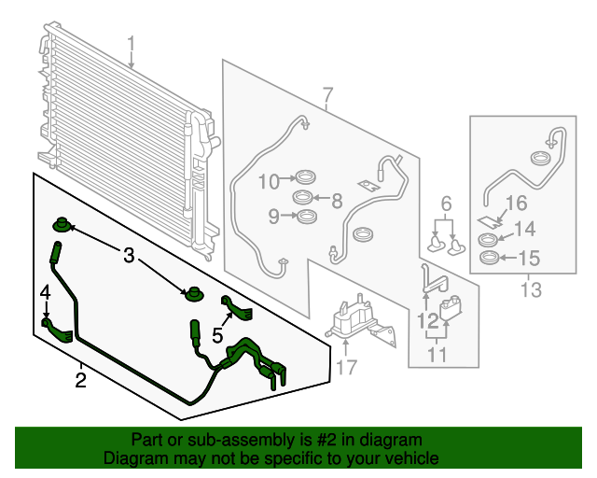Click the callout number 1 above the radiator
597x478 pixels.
coord(131,45)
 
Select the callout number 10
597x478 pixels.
coord(270,181)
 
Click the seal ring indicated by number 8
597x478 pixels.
coord(303,197)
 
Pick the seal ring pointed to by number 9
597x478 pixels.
coord(307,217)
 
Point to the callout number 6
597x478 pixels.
coord(446,204)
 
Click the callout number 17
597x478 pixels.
coord(346,368)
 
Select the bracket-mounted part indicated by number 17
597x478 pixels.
coord(360,321)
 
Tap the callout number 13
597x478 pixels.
coord(531,289)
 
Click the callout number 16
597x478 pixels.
coord(516,203)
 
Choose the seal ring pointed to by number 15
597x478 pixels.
coord(489,258)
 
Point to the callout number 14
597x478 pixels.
coord(524,229)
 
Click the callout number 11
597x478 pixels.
coord(437,355)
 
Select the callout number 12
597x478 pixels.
coord(428,321)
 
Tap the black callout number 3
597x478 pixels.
coord(129,255)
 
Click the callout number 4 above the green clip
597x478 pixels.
coord(46,293)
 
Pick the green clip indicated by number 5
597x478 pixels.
coord(236,308)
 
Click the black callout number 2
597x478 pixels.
coord(81,380)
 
